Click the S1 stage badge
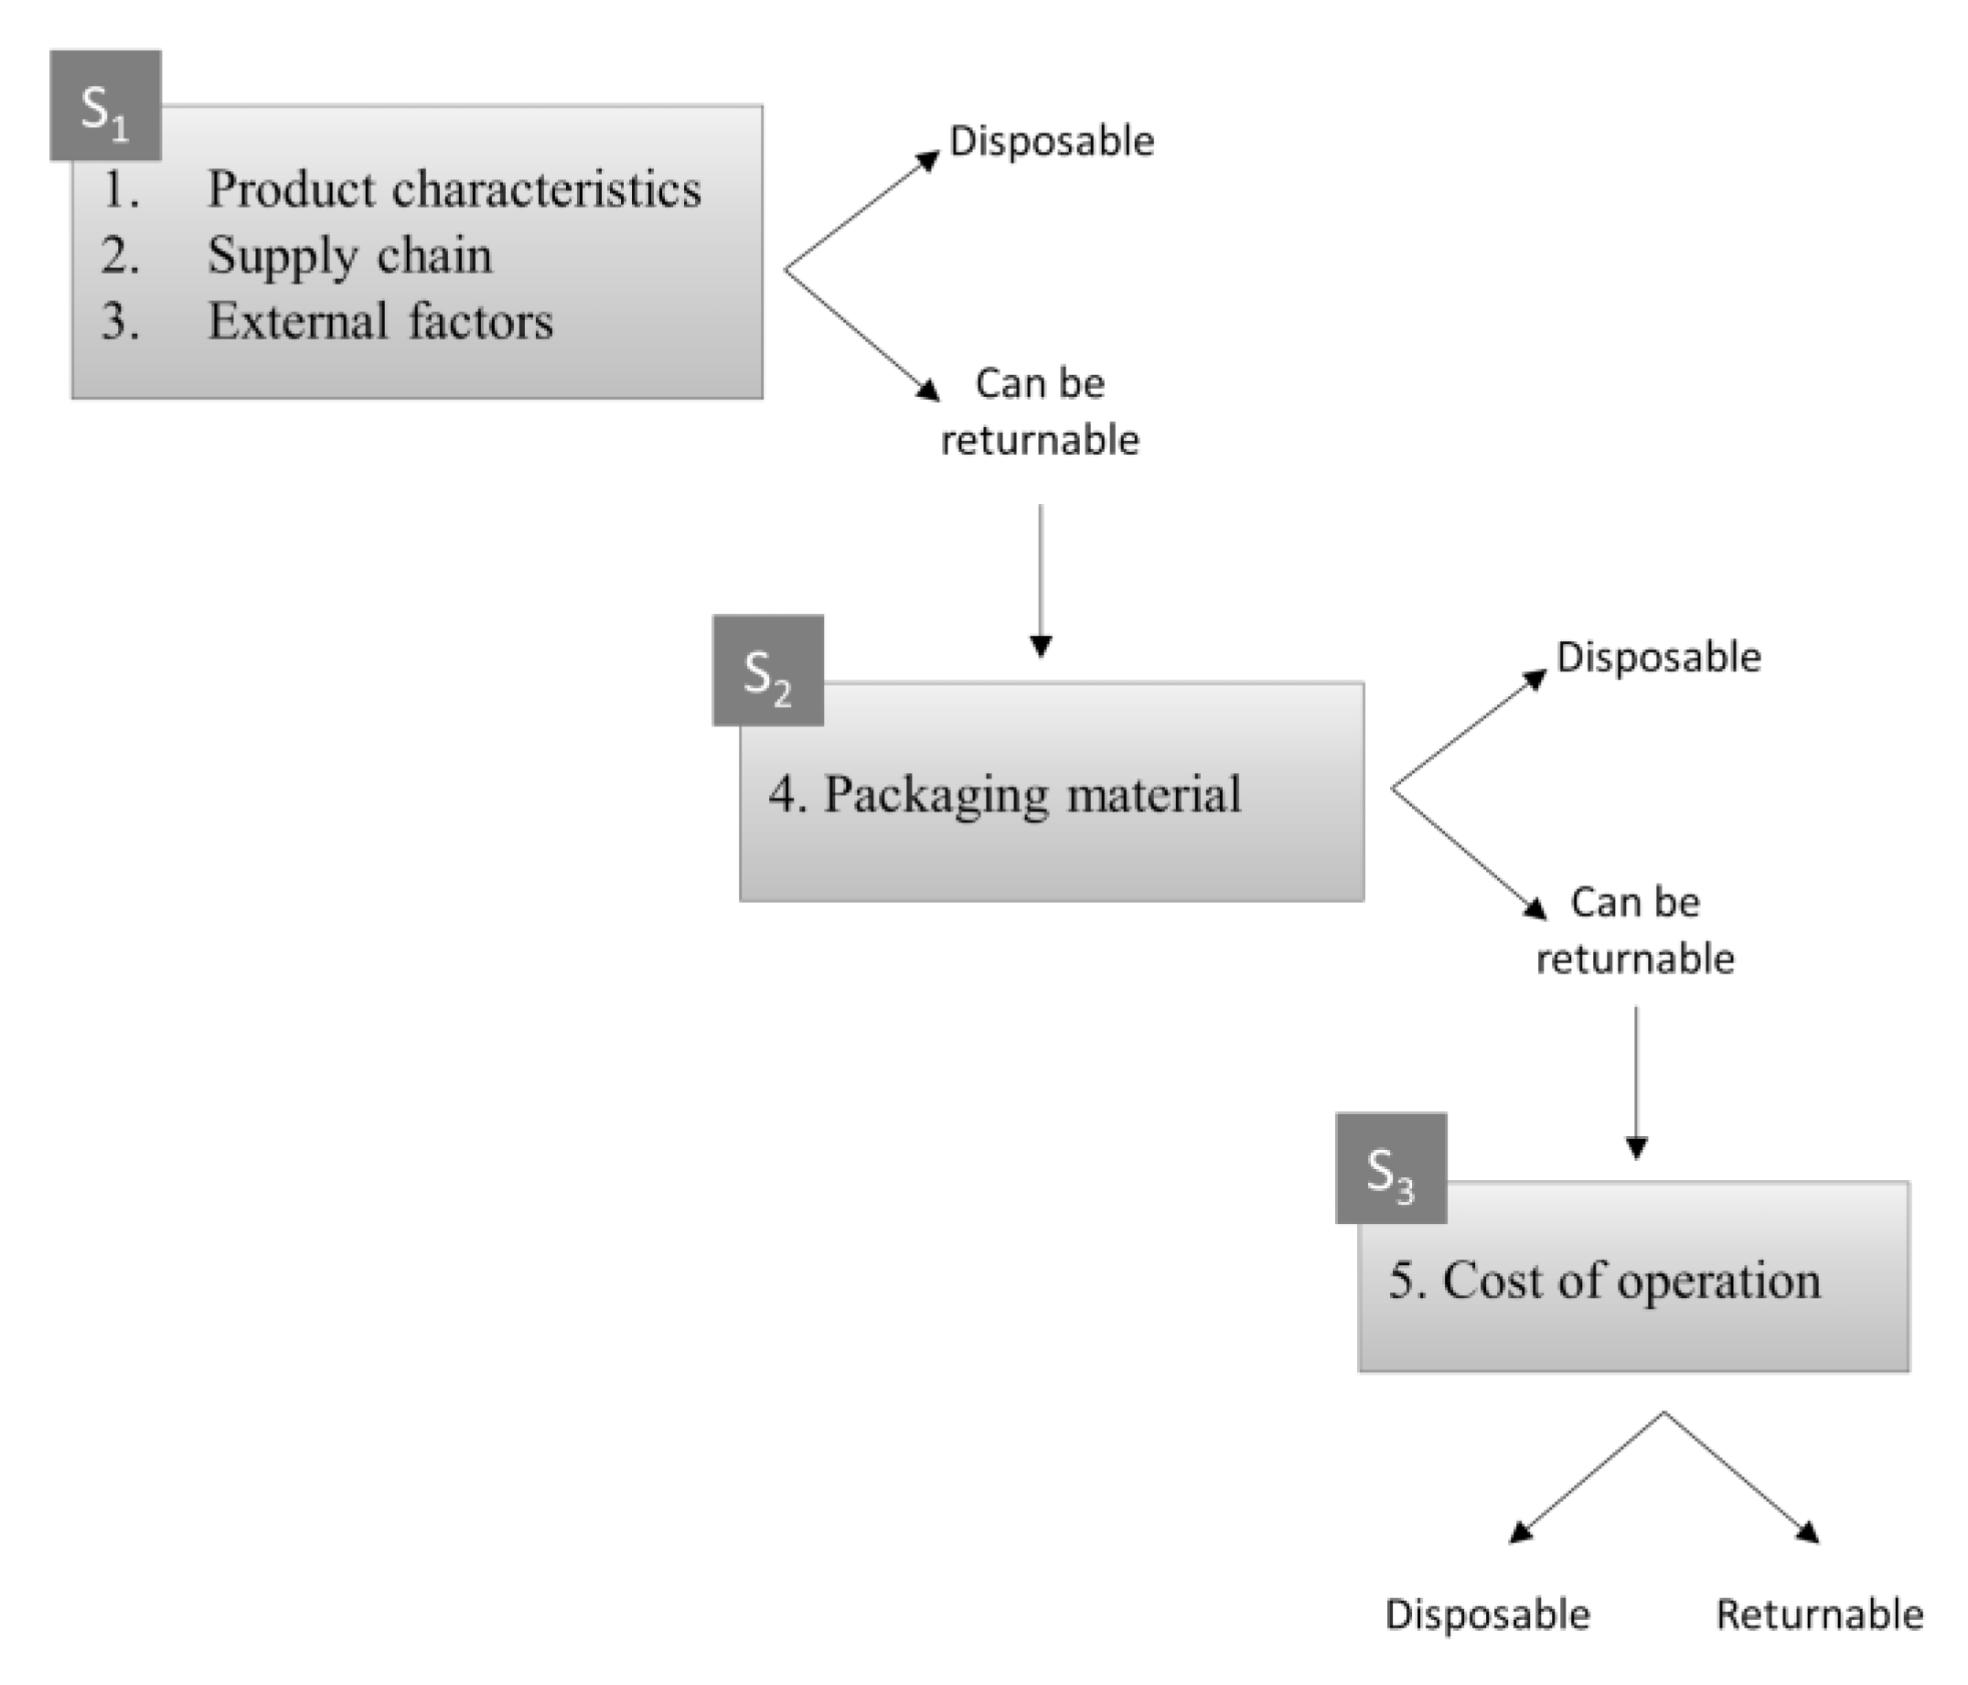pyautogui.click(x=105, y=105)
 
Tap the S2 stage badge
pyautogui.click(x=767, y=671)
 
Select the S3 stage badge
pyautogui.click(x=1391, y=1168)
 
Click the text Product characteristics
pyautogui.click(x=454, y=188)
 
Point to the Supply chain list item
pyautogui.click(x=348, y=254)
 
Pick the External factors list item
pyautogui.click(x=380, y=321)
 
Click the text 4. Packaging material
pyautogui.click(x=1004, y=794)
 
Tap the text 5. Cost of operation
pyautogui.click(x=1604, y=1281)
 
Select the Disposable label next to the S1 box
pyautogui.click(x=1052, y=142)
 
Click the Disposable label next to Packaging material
pyautogui.click(x=1657, y=658)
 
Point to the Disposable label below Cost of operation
pyautogui.click(x=1486, y=1615)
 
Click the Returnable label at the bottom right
pyautogui.click(x=1819, y=1615)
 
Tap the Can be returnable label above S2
pyautogui.click(x=1039, y=412)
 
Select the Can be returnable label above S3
pyautogui.click(x=1634, y=930)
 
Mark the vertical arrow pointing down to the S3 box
pyautogui.click(x=1635, y=1083)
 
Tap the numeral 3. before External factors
pyautogui.click(x=120, y=321)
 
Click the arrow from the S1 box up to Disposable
pyautogui.click(x=861, y=212)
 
